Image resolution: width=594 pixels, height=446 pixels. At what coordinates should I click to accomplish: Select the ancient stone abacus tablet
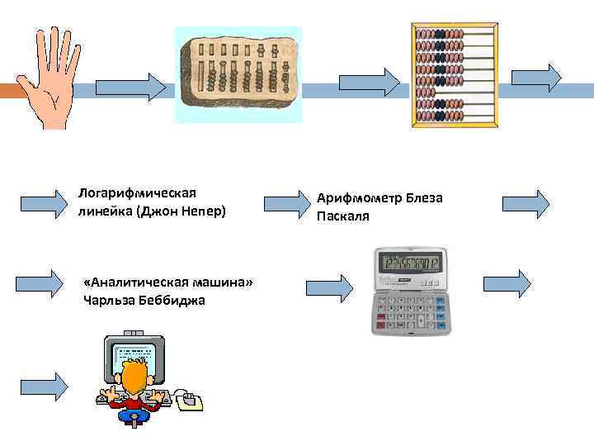(239, 74)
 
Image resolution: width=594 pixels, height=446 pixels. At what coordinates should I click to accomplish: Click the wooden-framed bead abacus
(455, 74)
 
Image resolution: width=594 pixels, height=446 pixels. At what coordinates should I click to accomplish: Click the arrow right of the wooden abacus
(536, 77)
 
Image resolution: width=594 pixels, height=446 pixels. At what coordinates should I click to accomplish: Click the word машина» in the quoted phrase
(221, 283)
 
